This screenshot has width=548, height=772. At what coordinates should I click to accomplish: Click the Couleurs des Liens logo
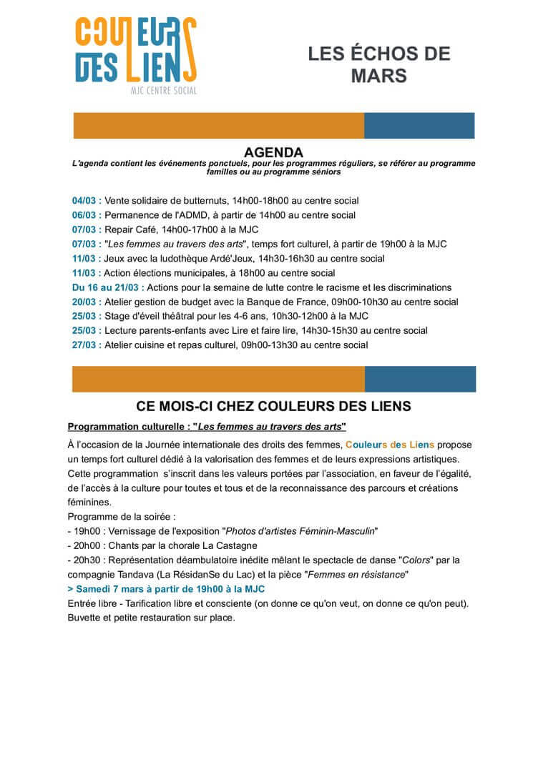[136, 56]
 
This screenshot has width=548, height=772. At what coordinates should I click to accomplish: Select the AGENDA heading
[273, 152]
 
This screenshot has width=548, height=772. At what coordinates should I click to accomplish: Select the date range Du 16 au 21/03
[107, 287]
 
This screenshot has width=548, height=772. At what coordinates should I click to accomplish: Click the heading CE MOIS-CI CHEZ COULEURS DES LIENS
[273, 407]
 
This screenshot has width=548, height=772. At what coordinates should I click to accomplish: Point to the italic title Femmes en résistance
[365, 574]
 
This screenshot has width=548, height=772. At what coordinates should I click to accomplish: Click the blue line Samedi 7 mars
[166, 589]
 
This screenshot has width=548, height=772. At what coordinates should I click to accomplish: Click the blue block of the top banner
[419, 126]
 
